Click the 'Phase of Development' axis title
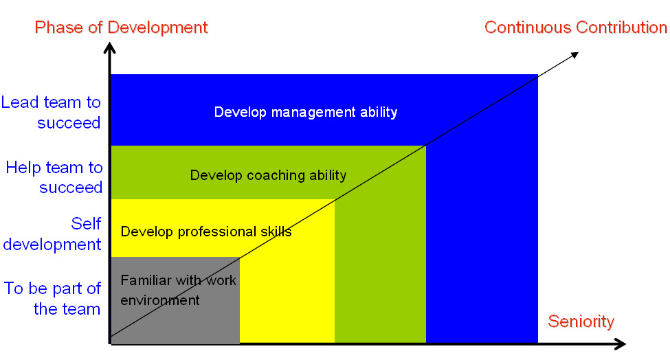pos(121,27)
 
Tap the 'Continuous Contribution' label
pos(576,27)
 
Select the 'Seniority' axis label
pos(581,321)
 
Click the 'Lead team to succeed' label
pos(51,112)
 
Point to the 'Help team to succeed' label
pos(54,177)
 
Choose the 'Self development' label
pos(52,234)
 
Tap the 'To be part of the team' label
pos(52,298)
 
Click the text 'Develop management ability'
pos(306,112)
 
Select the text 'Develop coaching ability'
pos(268,175)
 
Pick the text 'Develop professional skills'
pos(206,232)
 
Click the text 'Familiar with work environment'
pos(178,291)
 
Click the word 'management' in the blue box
pos(313,113)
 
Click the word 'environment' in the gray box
pos(160,300)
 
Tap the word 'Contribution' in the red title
pos(621,27)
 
